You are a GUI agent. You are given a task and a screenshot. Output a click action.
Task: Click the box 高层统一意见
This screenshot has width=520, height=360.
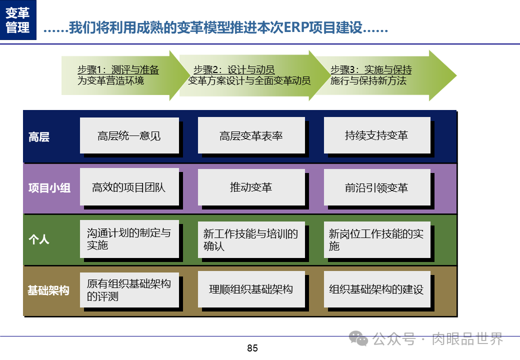(x=129, y=135)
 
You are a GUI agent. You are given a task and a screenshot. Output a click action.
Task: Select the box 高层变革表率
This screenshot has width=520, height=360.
(x=251, y=135)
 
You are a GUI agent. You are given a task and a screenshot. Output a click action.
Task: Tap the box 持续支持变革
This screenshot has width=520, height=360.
(x=376, y=135)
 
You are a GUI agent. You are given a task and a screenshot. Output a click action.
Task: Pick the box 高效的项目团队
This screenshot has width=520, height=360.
(x=129, y=187)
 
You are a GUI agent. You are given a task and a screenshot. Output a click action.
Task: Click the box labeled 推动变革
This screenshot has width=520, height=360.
(x=251, y=187)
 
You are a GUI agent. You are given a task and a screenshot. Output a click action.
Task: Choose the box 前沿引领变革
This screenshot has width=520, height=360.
(x=376, y=187)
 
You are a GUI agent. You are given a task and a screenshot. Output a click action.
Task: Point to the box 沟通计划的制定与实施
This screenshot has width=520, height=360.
(x=129, y=239)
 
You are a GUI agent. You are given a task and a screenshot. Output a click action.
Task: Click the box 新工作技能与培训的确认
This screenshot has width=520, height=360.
(x=251, y=239)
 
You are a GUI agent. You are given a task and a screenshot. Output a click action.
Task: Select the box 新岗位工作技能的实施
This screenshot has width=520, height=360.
(x=376, y=239)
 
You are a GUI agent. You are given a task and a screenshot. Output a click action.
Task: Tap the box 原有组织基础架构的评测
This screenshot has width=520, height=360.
(x=129, y=289)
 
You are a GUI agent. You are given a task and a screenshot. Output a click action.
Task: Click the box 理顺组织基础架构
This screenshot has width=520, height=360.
(x=251, y=289)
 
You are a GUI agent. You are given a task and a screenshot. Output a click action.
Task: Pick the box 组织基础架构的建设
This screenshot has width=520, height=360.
(x=376, y=289)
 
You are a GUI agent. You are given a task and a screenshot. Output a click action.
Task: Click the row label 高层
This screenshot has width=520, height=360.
(x=39, y=137)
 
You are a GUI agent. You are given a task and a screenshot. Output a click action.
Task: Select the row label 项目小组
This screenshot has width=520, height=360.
(x=49, y=188)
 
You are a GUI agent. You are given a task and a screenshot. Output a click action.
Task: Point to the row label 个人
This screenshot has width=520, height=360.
(x=39, y=239)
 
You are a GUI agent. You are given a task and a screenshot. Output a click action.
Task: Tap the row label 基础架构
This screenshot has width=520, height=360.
(x=48, y=290)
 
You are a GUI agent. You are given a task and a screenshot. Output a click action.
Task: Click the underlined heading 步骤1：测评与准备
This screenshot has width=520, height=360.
(x=118, y=69)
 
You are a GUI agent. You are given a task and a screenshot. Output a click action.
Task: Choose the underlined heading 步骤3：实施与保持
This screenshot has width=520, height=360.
(x=371, y=69)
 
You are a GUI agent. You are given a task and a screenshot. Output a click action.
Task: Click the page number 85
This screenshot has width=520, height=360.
(x=252, y=348)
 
